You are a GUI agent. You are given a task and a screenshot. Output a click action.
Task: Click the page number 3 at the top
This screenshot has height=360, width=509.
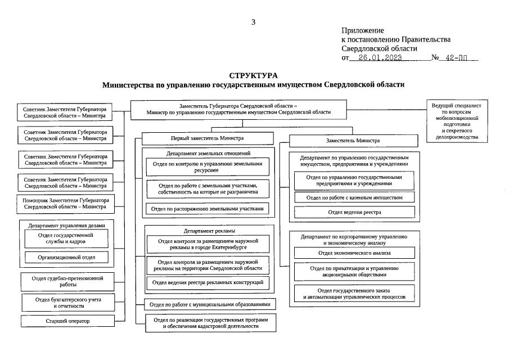tap(253, 22)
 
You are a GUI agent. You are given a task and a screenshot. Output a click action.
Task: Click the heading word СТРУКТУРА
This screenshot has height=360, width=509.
tap(253, 75)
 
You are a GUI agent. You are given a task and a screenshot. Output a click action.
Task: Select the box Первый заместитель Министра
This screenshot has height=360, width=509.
tap(208, 138)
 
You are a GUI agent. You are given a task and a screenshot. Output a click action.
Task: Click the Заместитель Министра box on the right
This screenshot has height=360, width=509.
tap(353, 140)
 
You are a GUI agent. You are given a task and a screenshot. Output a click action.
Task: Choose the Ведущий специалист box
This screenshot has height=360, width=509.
tap(456, 121)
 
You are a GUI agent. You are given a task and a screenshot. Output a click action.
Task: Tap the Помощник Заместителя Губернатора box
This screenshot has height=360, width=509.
tap(65, 203)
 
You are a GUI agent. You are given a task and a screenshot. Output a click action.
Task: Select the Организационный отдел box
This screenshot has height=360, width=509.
tap(66, 257)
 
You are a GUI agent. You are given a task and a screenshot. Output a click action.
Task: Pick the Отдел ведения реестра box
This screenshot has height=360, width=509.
tap(354, 212)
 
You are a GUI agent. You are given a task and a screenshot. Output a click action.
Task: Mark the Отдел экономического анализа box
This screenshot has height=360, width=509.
tap(354, 253)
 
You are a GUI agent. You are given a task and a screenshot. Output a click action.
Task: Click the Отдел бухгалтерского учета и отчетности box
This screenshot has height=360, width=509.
tap(68, 303)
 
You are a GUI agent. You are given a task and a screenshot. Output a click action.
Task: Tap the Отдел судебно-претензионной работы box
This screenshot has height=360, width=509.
tap(68, 281)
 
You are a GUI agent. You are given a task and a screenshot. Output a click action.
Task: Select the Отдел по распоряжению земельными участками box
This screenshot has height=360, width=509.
tap(208, 209)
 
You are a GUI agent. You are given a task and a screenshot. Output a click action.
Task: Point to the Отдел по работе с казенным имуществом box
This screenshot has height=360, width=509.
tap(354, 197)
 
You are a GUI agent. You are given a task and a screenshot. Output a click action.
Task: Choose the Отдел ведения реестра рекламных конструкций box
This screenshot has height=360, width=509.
tap(208, 282)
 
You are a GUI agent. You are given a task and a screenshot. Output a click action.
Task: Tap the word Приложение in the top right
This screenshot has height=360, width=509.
tap(363, 30)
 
